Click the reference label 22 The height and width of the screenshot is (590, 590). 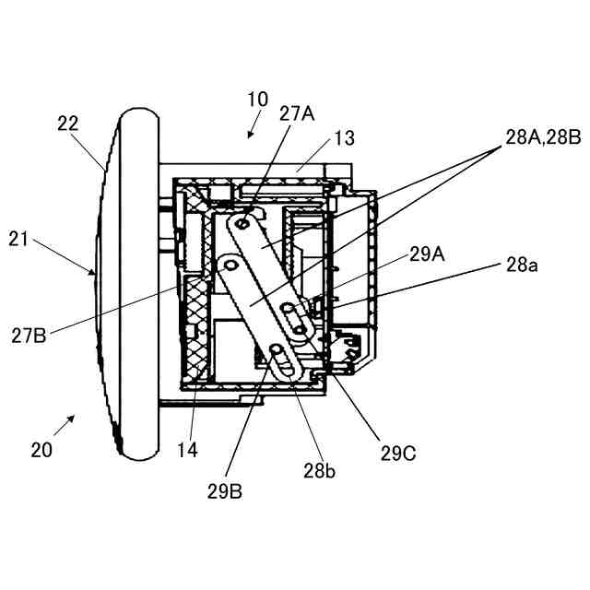pyautogui.click(x=67, y=123)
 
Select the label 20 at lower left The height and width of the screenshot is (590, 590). pyautogui.click(x=41, y=450)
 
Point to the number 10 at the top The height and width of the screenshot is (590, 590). pyautogui.click(x=257, y=99)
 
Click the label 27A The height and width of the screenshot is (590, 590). pyautogui.click(x=297, y=113)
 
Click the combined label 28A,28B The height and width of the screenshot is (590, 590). pyautogui.click(x=542, y=137)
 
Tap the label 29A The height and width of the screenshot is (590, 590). pyautogui.click(x=427, y=254)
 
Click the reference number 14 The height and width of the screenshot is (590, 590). pyautogui.click(x=187, y=450)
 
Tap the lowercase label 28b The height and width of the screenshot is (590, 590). pyautogui.click(x=318, y=471)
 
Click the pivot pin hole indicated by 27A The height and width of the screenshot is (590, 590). pyautogui.click(x=244, y=223)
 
